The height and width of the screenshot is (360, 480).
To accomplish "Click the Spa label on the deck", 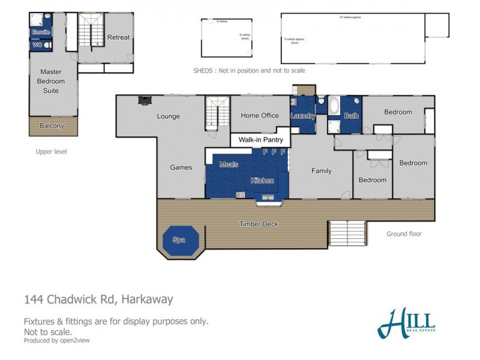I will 178,239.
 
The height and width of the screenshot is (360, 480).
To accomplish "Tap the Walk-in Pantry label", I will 260,140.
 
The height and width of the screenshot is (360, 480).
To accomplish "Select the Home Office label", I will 260,115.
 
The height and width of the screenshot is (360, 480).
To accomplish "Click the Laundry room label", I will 302,116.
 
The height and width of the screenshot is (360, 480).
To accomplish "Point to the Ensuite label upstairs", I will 41,31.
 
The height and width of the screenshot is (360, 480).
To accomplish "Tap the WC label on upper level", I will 37,44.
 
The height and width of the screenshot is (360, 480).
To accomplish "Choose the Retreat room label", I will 118,37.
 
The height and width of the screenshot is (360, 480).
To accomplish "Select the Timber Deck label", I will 259,224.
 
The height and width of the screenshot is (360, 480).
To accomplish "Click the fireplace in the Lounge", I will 144,101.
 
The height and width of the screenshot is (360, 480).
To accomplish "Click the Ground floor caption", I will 404,234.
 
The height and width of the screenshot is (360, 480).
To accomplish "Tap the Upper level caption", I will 51,152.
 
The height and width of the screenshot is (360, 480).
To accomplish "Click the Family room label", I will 321,171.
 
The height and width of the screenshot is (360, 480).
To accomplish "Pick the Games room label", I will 181,167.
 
